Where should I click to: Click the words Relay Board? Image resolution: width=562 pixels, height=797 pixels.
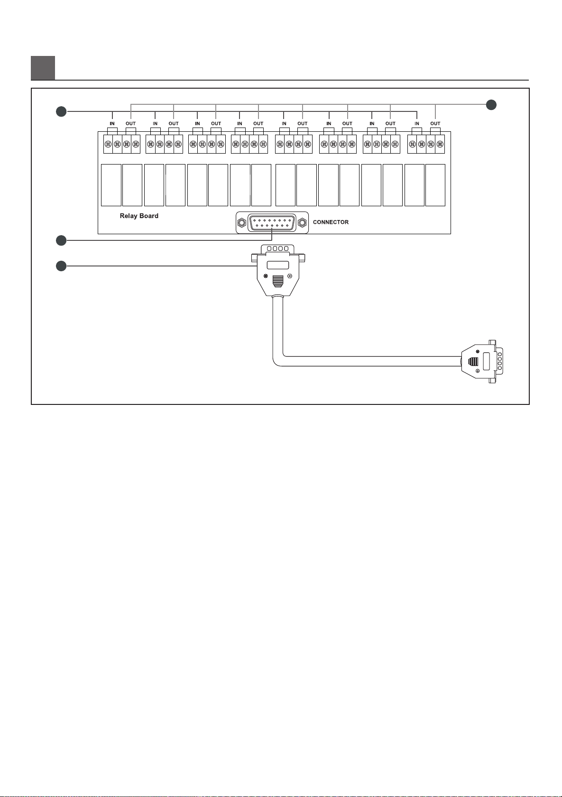coord(139,216)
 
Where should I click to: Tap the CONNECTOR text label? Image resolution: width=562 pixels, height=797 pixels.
coord(331,222)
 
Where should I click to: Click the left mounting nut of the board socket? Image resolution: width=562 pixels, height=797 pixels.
coord(241,222)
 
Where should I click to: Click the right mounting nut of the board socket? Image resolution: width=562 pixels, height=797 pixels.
coord(302,222)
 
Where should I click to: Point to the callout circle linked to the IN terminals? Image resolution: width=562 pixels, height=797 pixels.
coord(60,111)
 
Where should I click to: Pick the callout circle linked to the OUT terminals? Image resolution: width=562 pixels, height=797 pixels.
coord(491,104)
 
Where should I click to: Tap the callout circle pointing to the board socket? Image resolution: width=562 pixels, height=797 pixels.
coord(60,240)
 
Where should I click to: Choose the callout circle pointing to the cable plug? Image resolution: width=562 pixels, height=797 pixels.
coord(60,266)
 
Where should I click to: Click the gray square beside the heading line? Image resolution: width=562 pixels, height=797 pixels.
coord(43,68)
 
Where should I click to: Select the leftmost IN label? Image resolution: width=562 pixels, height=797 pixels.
coord(112,124)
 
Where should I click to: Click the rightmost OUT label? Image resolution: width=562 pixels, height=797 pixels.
coord(435,124)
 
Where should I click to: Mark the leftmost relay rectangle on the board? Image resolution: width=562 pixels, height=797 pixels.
coord(111,185)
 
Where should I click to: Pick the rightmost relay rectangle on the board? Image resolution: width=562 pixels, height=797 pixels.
coord(435,185)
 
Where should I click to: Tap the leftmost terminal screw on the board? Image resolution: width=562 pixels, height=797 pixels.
coord(108,144)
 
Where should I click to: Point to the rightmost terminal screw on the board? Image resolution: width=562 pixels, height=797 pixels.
coord(440,144)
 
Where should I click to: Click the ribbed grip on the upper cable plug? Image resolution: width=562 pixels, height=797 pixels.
coord(277,282)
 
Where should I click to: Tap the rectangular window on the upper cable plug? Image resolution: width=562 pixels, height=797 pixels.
coord(277,265)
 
